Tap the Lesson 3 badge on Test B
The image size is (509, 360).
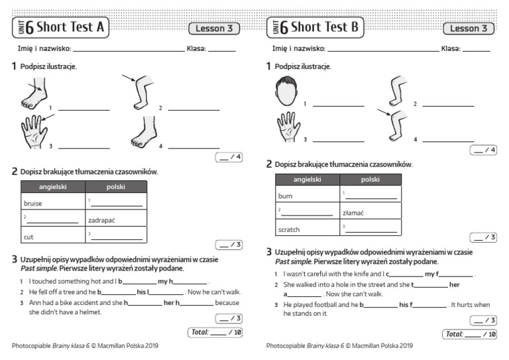469,28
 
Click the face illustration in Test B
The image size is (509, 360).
286,91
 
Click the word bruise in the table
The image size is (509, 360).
32,204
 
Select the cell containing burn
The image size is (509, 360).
286,196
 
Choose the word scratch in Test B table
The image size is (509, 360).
289,229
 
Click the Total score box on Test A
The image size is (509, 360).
215,331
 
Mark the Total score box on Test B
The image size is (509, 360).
470,334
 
